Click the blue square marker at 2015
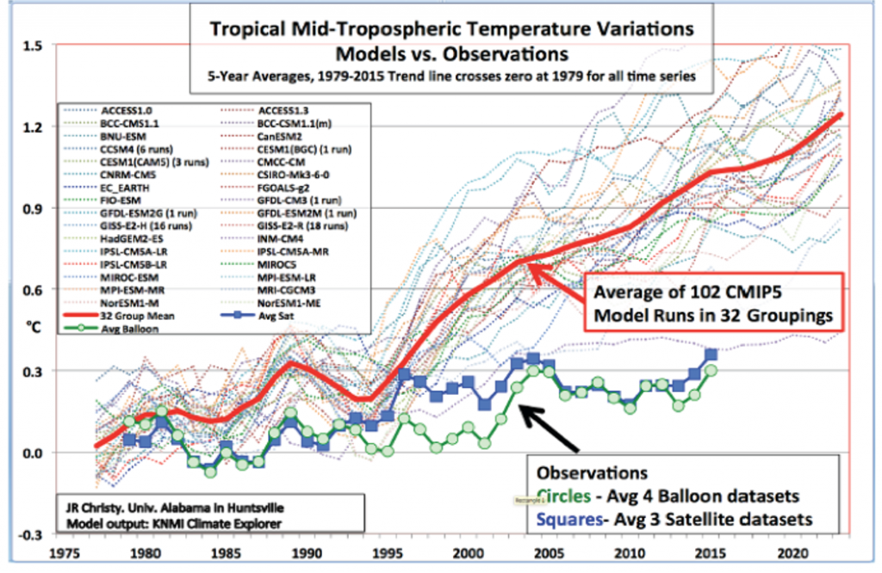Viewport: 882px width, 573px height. [711, 354]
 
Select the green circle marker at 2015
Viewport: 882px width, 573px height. [711, 370]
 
